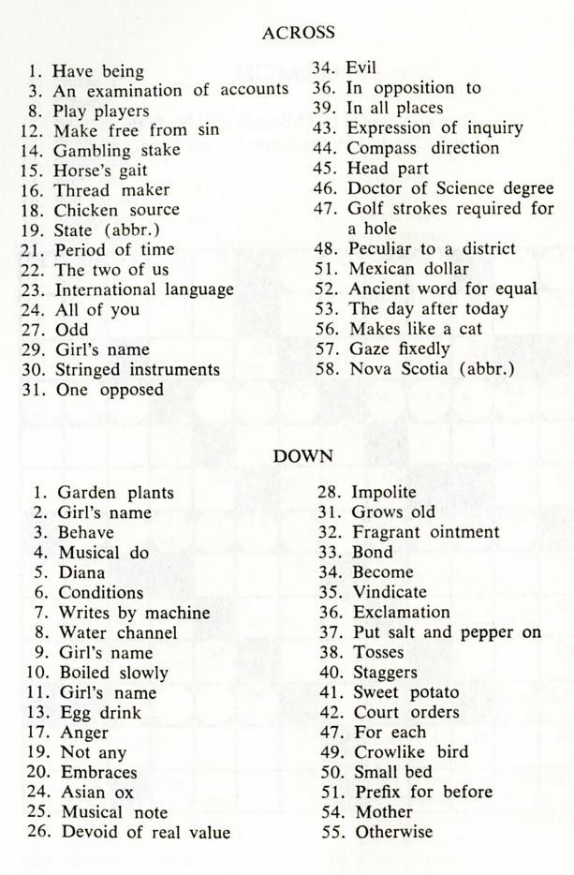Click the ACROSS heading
298,33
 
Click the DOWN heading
298,455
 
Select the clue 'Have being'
97,71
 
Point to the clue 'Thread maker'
111,190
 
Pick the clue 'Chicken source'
116,210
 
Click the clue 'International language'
143,289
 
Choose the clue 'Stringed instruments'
137,369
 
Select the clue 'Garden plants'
116,492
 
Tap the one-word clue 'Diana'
81,572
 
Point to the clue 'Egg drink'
100,713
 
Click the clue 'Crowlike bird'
410,752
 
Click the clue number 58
325,368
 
